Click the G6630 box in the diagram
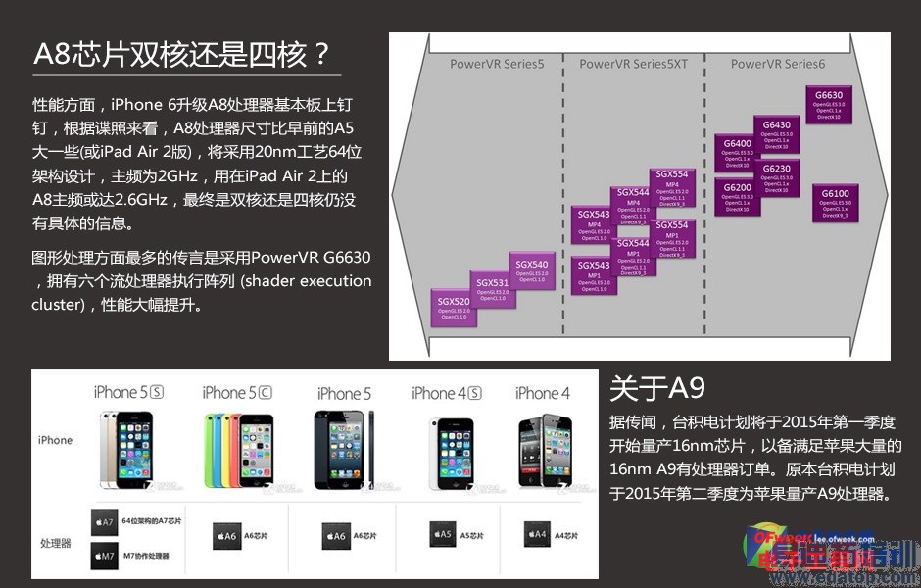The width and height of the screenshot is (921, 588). point(829,104)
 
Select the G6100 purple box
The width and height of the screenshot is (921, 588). point(835,203)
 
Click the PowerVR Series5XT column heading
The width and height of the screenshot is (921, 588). point(633,64)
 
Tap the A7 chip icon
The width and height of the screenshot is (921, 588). point(104,520)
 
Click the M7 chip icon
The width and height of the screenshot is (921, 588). point(104,555)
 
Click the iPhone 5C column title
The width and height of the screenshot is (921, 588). point(237,393)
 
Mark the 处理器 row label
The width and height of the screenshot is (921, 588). point(55,542)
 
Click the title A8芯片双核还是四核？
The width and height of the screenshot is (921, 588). point(182,53)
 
